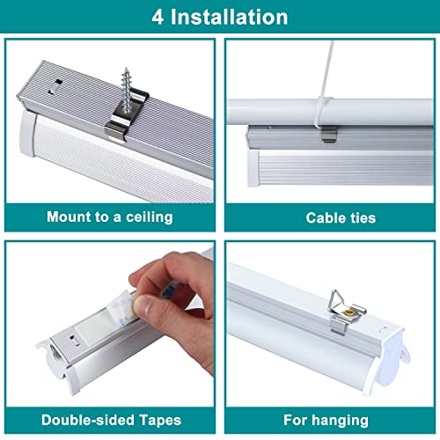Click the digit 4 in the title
click(x=158, y=17)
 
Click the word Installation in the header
click(x=229, y=17)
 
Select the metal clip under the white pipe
click(x=329, y=134)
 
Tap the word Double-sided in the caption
click(x=88, y=420)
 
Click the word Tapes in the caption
click(x=160, y=421)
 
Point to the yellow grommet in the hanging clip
click(x=348, y=312)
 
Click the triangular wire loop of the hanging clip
click(x=336, y=302)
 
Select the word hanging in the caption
click(x=340, y=421)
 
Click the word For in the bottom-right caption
click(x=296, y=420)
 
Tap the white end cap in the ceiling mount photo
click(x=28, y=134)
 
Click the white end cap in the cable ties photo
click(x=253, y=167)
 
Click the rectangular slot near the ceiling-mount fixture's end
click(x=55, y=86)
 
